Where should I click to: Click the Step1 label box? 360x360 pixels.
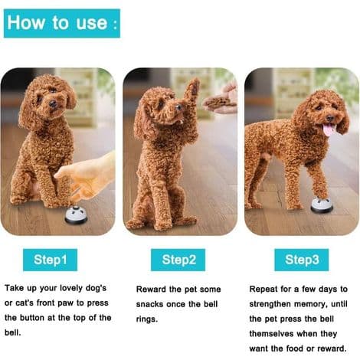click(x=50, y=260)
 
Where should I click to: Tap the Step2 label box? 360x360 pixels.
click(x=178, y=260)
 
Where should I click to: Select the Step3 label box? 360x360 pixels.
click(x=302, y=260)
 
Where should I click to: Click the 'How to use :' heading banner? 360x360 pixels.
click(x=62, y=23)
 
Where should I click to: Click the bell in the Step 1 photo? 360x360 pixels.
click(x=76, y=215)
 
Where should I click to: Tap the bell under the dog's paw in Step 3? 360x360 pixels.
click(x=322, y=205)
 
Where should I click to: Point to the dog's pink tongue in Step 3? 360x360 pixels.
click(x=329, y=129)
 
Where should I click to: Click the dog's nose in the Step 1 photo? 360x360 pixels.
click(x=53, y=103)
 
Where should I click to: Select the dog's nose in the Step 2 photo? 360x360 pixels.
click(x=178, y=106)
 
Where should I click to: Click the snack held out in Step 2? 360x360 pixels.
click(x=218, y=102)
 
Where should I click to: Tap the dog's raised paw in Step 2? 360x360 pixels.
click(x=192, y=90)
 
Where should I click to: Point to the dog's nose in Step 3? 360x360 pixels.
click(x=330, y=118)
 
